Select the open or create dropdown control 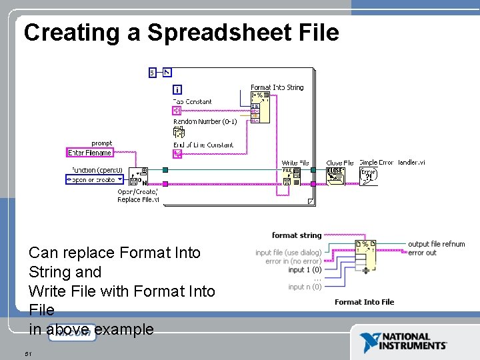coord(95,179)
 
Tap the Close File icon coord(335,175)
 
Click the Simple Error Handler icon coord(368,175)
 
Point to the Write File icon coord(292,175)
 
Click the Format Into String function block coord(261,107)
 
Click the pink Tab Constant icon coord(177,111)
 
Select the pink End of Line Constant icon coord(177,154)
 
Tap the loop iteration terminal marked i coord(177,90)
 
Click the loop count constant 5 coord(153,72)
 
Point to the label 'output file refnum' coord(436,244)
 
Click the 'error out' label coord(422,253)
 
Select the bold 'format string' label coord(297,235)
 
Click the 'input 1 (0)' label coord(305,270)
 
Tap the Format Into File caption coord(364,302)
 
